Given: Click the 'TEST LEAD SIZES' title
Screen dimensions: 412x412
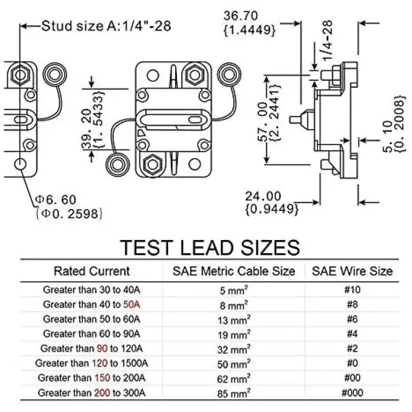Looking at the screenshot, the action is [210, 248].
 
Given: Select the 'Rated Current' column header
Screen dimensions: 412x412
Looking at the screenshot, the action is [92, 271].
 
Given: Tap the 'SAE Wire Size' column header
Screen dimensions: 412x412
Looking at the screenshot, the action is [352, 271].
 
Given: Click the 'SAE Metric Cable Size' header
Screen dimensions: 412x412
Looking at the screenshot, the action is [233, 271].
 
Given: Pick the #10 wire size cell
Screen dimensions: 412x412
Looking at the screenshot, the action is [352, 289].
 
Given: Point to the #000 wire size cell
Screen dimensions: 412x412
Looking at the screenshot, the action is [352, 393].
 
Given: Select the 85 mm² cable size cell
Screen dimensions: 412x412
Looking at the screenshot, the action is [233, 393].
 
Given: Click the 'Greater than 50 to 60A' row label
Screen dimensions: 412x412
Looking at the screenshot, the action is [91, 319].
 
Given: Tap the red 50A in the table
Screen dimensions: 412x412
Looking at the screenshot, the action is [132, 304].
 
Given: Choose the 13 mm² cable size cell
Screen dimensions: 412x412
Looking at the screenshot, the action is [233, 320].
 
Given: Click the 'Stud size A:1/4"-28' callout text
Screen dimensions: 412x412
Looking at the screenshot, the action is [106, 26].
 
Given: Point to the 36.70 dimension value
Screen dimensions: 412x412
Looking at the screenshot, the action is [241, 16].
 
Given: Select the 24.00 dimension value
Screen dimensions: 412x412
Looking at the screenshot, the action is [263, 196].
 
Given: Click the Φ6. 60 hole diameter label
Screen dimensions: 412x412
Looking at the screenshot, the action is [55, 200].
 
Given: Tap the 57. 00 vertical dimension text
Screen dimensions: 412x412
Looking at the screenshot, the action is [263, 121].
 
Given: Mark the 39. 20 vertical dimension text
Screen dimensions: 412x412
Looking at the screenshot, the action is [87, 129].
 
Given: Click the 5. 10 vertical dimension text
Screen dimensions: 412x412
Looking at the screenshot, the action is [388, 137].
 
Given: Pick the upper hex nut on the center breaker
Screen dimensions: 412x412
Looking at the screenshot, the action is [194, 75].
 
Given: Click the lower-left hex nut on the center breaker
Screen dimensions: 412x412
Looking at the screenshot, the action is [153, 164].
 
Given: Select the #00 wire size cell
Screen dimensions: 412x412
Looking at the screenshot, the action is [352, 378].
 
